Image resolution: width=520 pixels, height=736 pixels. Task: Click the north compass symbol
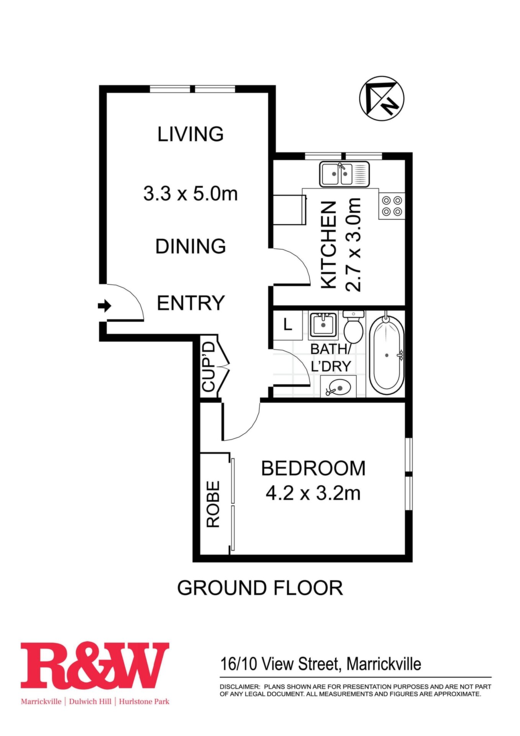(x=382, y=99)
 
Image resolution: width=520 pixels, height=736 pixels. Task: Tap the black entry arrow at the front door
(x=105, y=306)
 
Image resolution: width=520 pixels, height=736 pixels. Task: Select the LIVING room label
(x=190, y=134)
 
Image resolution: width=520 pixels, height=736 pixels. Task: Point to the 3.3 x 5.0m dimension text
(x=190, y=193)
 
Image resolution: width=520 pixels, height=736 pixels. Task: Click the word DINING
(x=190, y=246)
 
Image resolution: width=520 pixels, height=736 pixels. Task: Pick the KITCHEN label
(x=328, y=245)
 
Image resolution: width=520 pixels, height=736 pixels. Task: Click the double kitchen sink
(x=344, y=174)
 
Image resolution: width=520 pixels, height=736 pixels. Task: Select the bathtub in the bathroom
(x=387, y=355)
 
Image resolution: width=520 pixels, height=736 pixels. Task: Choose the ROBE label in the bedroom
(x=213, y=504)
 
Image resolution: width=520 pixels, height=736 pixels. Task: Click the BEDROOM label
(x=313, y=468)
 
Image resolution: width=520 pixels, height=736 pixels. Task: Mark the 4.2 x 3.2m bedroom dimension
(x=313, y=493)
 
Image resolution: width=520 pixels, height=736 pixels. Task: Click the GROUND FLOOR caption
(x=260, y=588)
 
